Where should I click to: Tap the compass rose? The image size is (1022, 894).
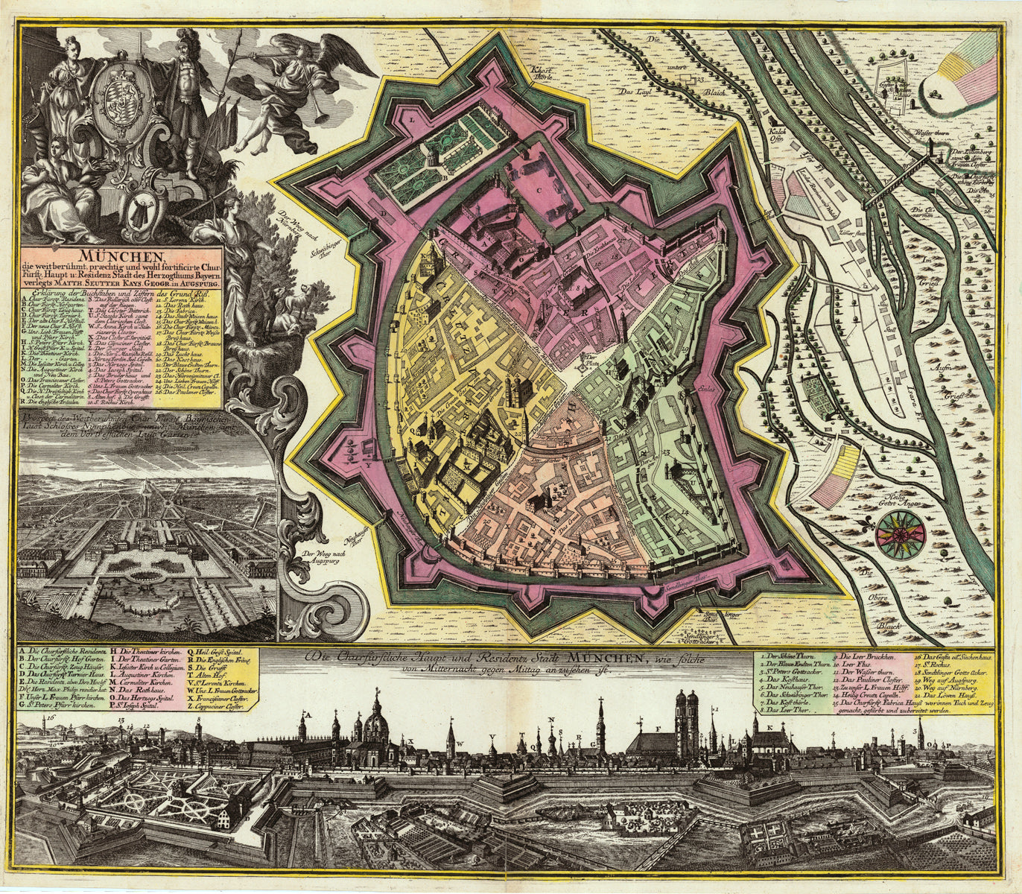(901, 531)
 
